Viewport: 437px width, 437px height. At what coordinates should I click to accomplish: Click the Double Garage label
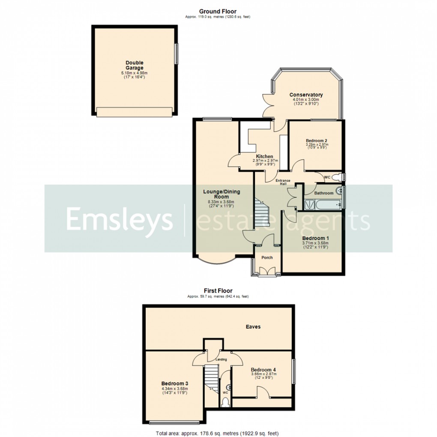click(x=135, y=65)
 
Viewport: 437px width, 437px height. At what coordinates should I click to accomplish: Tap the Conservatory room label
click(x=306, y=95)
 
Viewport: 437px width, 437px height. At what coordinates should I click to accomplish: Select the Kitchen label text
click(x=265, y=156)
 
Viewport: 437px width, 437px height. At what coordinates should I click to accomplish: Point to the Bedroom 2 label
click(x=317, y=141)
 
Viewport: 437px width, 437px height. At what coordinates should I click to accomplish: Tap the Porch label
click(x=267, y=257)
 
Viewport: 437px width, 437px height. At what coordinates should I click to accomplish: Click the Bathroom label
click(x=323, y=193)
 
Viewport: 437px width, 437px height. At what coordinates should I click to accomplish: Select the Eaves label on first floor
click(x=253, y=326)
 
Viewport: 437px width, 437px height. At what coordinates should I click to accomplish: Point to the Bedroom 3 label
click(x=175, y=383)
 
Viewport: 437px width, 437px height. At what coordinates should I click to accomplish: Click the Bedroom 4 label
click(x=263, y=370)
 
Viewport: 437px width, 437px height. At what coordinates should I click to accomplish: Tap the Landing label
click(x=221, y=359)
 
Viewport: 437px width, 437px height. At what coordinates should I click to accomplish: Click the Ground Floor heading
click(x=218, y=12)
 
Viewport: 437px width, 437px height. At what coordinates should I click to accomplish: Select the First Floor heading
click(x=218, y=291)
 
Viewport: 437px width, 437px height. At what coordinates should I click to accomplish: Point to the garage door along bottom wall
click(x=135, y=112)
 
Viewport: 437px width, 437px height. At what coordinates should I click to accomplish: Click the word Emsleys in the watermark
click(x=119, y=219)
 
